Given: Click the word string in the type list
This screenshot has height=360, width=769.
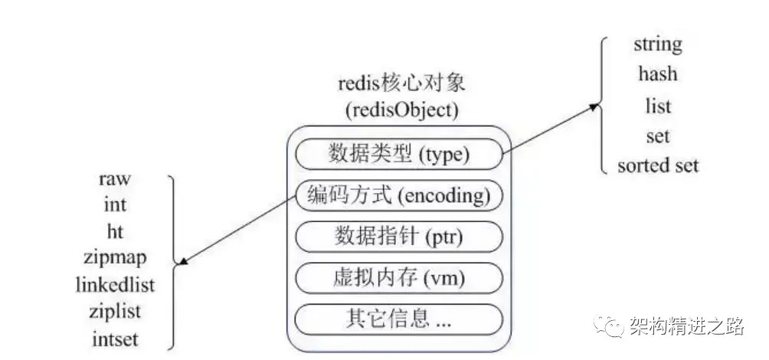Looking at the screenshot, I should pos(657,44).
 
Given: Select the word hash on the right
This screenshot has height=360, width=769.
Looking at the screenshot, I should pos(657,74).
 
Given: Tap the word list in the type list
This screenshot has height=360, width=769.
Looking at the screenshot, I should pos(657,105).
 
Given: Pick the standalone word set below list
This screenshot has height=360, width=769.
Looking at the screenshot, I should pos(657,136).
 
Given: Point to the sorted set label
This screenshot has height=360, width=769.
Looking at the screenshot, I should pos(658,165).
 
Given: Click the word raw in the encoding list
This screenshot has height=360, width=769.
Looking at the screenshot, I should pos(115,178).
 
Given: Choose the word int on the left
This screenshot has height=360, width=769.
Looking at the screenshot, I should pos(115,205).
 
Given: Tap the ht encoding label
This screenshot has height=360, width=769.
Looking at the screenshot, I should pos(115,231).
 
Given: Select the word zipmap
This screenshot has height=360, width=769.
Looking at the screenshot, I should pos(115,257).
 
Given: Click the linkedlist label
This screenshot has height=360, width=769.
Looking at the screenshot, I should pos(115,284).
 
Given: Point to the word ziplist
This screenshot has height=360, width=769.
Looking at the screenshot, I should pos(115,311).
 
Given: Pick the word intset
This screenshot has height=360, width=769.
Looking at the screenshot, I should pos(115,337).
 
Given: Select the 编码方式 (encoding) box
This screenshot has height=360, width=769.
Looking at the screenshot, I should pos(398,196).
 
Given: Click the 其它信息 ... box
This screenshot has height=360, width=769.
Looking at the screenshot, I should pos(398,317).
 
